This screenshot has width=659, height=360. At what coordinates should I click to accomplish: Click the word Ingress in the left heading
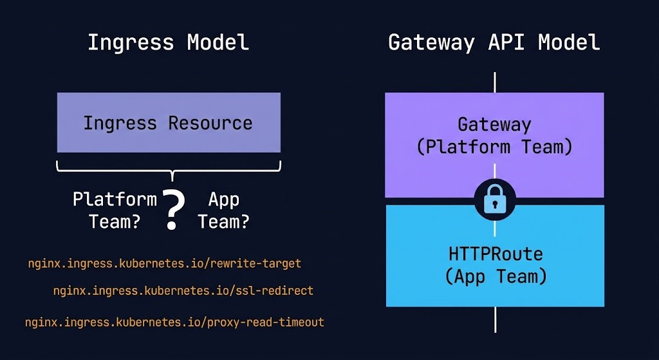(131, 43)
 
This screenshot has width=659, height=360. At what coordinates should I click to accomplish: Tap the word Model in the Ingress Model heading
(218, 43)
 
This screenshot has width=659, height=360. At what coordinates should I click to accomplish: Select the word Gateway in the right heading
(430, 43)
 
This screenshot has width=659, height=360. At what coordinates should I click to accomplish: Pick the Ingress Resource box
(169, 122)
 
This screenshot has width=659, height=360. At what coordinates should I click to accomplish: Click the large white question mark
(172, 209)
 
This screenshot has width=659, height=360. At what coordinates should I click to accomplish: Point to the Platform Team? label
(115, 211)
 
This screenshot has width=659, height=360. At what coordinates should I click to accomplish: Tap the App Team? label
(223, 211)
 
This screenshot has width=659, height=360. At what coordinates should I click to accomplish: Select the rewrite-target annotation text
(164, 263)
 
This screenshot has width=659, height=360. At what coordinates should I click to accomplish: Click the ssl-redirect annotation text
(183, 290)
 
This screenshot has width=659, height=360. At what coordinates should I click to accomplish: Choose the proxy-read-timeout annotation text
(174, 322)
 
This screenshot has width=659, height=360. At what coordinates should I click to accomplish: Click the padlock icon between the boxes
(494, 200)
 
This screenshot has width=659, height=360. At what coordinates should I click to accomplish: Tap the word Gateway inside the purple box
(494, 124)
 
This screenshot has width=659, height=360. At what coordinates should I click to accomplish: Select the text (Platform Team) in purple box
(494, 147)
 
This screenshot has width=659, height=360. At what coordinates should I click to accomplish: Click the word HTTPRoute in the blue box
(494, 254)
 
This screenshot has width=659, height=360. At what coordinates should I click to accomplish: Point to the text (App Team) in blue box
(494, 277)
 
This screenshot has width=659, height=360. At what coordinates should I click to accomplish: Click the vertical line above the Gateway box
(494, 82)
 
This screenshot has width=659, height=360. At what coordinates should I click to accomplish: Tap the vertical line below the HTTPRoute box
(494, 319)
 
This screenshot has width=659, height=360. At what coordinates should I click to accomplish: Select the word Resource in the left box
(210, 122)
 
